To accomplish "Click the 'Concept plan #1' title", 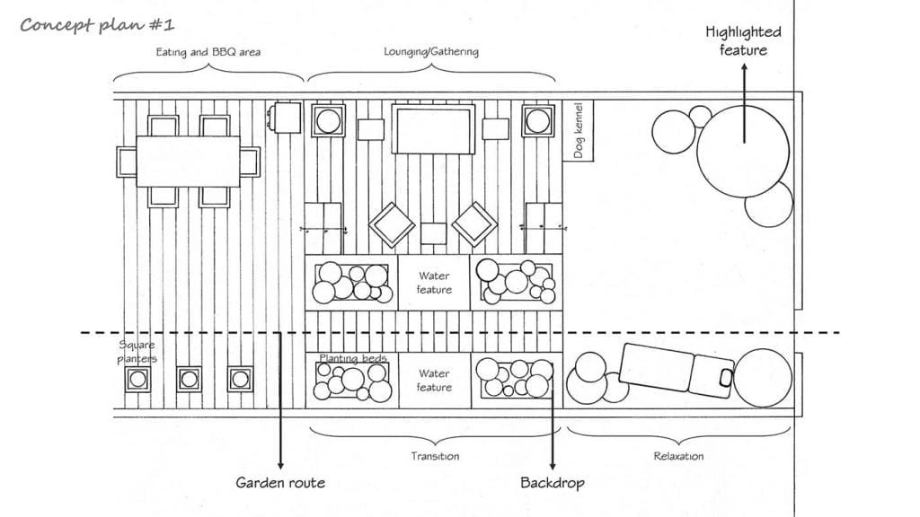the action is pyautogui.click(x=97, y=25).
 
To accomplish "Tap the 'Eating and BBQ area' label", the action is pyautogui.click(x=208, y=52).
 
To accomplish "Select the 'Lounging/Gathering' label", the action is pyautogui.click(x=430, y=51).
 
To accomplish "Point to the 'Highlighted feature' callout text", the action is pyautogui.click(x=743, y=40).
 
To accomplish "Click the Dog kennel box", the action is pyautogui.click(x=579, y=130).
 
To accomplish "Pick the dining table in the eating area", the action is pyautogui.click(x=189, y=162).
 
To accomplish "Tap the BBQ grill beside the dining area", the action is pyautogui.click(x=286, y=118).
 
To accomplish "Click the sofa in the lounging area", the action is pyautogui.click(x=433, y=129).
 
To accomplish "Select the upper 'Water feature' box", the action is pyautogui.click(x=434, y=283).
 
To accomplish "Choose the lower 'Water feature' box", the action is pyautogui.click(x=434, y=381).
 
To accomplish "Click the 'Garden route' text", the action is pyautogui.click(x=280, y=483).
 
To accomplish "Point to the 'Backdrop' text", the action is pyautogui.click(x=553, y=483).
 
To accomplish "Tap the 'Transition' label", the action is pyautogui.click(x=435, y=456).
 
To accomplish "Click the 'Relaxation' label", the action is pyautogui.click(x=678, y=456).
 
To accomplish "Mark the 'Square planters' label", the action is pyautogui.click(x=137, y=352).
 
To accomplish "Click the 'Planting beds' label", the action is pyautogui.click(x=352, y=358).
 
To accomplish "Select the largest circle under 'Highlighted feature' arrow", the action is pyautogui.click(x=743, y=151).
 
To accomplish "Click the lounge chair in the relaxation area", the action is pyautogui.click(x=677, y=368).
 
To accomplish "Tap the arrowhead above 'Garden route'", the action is pyautogui.click(x=280, y=465).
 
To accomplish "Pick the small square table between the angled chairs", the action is pyautogui.click(x=434, y=233).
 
